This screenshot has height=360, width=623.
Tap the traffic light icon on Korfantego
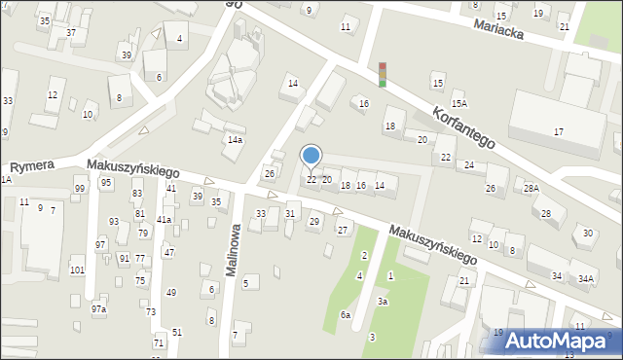tap(383, 74)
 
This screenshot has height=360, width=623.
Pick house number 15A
tap(458, 103)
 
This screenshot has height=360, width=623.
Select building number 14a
tap(235, 140)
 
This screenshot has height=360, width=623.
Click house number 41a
tap(165, 220)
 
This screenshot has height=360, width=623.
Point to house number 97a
tap(98, 308)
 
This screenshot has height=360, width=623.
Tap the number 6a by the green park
tap(345, 315)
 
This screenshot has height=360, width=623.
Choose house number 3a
tap(383, 302)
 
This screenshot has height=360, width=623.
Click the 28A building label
tap(531, 188)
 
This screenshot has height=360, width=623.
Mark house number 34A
tap(585, 278)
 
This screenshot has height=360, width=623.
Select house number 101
tap(77, 270)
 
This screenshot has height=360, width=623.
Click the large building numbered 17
tap(558, 131)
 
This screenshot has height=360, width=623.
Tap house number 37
tap(70, 32)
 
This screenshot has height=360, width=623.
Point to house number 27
tap(343, 230)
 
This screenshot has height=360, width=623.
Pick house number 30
tap(587, 233)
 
